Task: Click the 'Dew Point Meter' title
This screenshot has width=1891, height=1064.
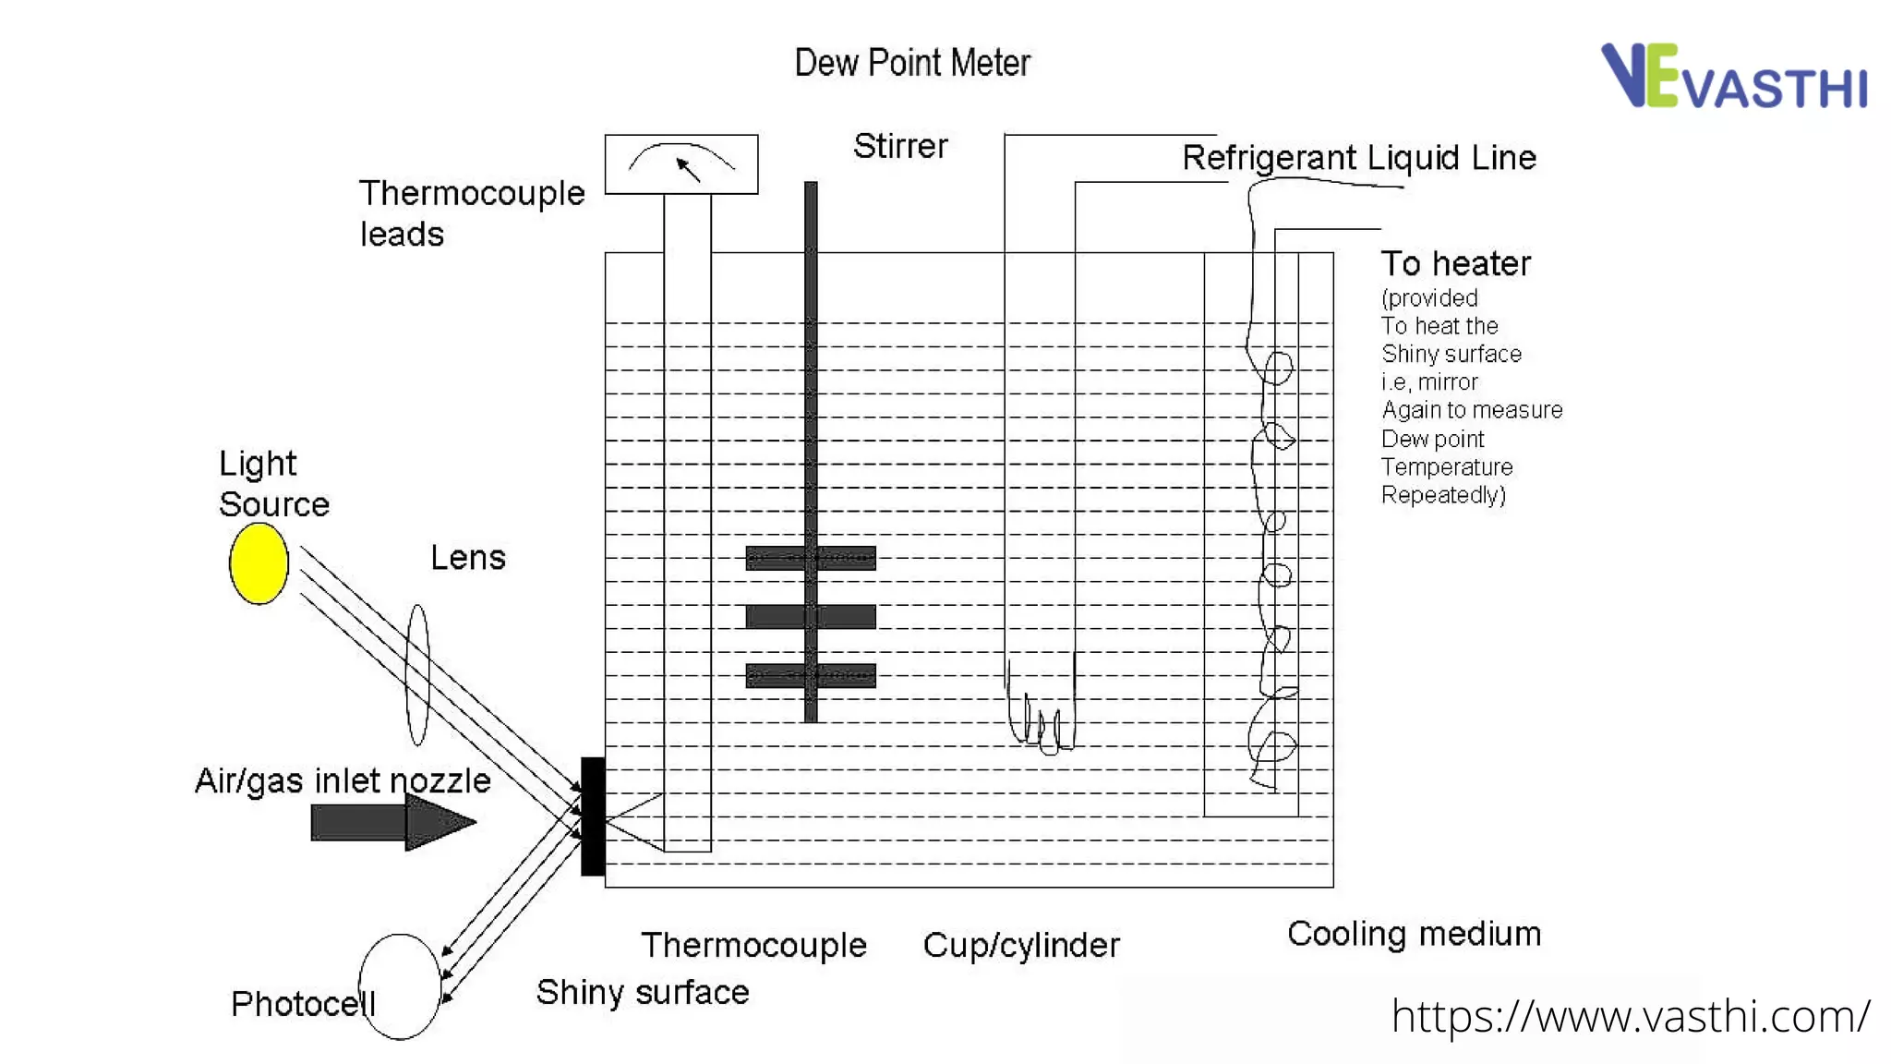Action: (x=911, y=63)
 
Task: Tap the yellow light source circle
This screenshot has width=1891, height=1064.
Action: (x=259, y=563)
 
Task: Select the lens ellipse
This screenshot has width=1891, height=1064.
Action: (x=417, y=674)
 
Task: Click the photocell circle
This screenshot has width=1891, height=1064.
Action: (x=400, y=986)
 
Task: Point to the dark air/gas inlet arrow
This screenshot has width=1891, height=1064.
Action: (x=392, y=821)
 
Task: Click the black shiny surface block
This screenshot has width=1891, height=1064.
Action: (x=593, y=816)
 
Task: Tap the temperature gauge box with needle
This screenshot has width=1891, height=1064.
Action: (x=681, y=164)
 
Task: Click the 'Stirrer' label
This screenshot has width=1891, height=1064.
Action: (x=900, y=146)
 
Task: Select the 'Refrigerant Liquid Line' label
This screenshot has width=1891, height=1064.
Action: (x=1359, y=158)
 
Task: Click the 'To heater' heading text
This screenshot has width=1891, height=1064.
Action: (x=1455, y=264)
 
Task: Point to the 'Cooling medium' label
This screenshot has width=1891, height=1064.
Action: (x=1414, y=934)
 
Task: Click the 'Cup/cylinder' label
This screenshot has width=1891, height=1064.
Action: (x=1021, y=945)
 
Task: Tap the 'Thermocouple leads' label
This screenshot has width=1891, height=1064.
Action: (x=471, y=213)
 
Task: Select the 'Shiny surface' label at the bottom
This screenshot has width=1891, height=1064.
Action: (x=643, y=992)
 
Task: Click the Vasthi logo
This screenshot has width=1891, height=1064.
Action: (x=1733, y=76)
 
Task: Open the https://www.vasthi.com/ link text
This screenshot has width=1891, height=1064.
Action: (x=1631, y=1017)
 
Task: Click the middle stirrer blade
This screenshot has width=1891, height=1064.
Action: (x=811, y=616)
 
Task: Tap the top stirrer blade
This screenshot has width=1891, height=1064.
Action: (x=811, y=558)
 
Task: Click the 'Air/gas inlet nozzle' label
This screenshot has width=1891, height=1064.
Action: (x=343, y=781)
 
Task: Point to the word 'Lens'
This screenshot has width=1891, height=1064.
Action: (x=468, y=558)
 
